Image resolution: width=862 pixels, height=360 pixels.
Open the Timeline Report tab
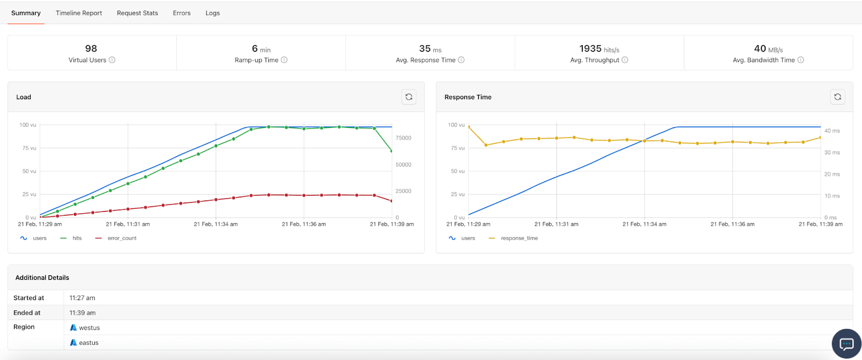coord(79,13)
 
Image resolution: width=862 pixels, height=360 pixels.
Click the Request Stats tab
coord(137,13)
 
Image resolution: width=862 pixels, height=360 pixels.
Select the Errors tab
coord(182,13)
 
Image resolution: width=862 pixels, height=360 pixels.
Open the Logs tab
coord(212,13)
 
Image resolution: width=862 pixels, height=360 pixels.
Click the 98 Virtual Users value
coord(91,49)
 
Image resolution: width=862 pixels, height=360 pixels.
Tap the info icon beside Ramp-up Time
coord(284,60)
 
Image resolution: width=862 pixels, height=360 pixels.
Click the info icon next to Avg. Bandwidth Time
coord(801,60)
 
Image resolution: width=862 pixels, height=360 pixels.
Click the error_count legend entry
coord(122,238)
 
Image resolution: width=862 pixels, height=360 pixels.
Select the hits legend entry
coord(77,238)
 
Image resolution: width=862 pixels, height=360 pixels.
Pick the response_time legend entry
coord(519,238)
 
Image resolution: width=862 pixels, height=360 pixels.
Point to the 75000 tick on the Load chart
coord(403,138)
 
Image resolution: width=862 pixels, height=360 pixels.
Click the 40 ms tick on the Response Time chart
coord(832,131)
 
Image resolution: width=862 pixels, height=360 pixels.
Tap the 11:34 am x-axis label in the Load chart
coord(215,224)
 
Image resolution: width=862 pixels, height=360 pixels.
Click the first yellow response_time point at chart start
coord(469,127)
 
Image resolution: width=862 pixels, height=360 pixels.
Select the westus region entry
coord(89,328)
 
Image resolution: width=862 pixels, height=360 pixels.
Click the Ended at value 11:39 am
coord(82,313)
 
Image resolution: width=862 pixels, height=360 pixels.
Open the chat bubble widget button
coord(846,343)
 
